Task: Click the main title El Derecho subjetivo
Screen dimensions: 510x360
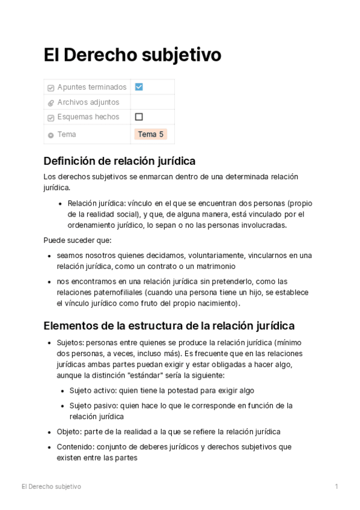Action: point(132,55)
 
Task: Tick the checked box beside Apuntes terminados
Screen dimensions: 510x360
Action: point(139,87)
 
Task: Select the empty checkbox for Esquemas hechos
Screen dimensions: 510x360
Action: point(139,117)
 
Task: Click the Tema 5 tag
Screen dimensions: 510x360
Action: point(151,134)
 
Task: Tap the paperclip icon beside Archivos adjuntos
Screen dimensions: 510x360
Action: point(50,103)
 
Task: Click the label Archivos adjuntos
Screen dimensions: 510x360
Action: point(88,102)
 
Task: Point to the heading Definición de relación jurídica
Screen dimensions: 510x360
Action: point(120,161)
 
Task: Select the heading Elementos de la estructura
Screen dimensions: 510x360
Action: point(169,326)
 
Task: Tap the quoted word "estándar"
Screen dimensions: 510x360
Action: point(166,375)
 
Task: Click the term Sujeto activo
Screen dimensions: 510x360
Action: point(93,390)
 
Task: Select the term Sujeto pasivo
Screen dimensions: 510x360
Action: point(94,405)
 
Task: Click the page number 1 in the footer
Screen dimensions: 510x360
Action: point(337,486)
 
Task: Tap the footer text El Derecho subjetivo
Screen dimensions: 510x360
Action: point(51,486)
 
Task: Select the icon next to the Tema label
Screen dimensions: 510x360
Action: point(50,135)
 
